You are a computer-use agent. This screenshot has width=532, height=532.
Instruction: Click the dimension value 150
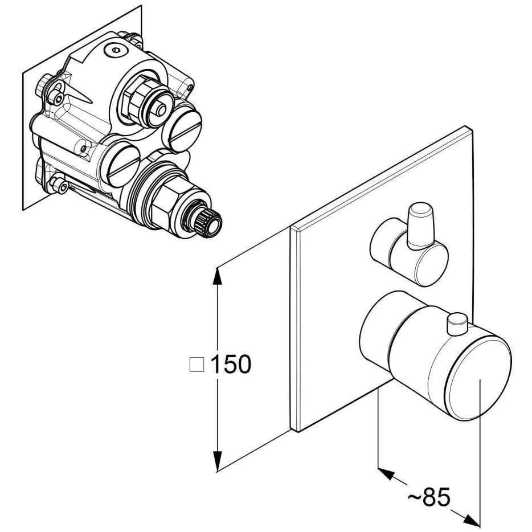pyautogui.click(x=231, y=365)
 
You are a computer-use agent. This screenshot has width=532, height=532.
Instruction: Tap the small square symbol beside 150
pyautogui.click(x=197, y=365)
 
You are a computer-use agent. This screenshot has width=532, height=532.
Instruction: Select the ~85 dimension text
pyautogui.click(x=429, y=497)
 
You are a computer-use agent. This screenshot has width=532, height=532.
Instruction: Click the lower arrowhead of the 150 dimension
pyautogui.click(x=218, y=461)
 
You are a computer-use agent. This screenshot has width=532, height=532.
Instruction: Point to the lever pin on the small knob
pyautogui.click(x=420, y=226)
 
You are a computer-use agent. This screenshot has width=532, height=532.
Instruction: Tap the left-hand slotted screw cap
pyautogui.click(x=123, y=165)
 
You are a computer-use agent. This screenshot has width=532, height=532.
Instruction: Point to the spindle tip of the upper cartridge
pyautogui.click(x=160, y=109)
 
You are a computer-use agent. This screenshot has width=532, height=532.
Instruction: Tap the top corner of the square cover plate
pyautogui.click(x=467, y=126)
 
